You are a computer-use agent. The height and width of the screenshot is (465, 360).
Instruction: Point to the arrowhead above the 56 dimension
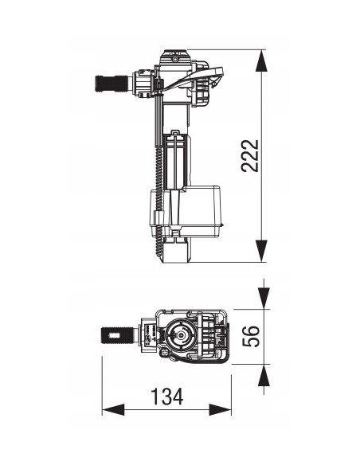264,300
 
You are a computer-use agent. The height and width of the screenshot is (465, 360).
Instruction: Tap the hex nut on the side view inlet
142,83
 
